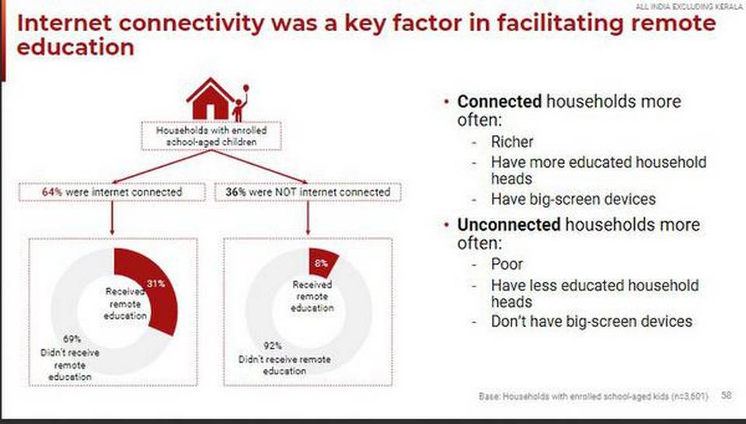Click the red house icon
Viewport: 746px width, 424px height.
coord(211,99)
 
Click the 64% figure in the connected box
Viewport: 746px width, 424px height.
coord(52,192)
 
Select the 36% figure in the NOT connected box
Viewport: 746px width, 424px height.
coord(235,192)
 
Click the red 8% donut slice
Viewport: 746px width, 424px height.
coord(322,262)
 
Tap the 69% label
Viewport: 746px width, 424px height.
coord(71,339)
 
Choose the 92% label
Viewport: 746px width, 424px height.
coord(273,346)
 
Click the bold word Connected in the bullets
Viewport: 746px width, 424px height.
coord(499,101)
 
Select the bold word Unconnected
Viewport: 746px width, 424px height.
coord(508,224)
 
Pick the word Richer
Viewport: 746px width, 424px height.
coord(512,141)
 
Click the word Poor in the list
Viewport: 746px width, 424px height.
coord(507,264)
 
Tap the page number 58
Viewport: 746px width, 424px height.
coord(726,395)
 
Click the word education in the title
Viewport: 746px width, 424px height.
coord(75,47)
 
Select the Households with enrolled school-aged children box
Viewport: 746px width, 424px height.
coord(211,136)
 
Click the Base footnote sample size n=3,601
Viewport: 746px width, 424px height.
coord(690,396)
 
